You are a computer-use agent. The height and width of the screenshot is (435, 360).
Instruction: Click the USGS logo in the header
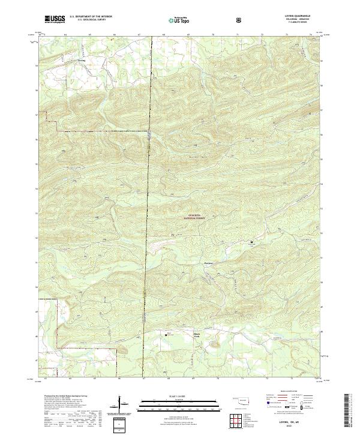55,19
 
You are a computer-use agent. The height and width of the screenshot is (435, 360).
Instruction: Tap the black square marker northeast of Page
251,242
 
